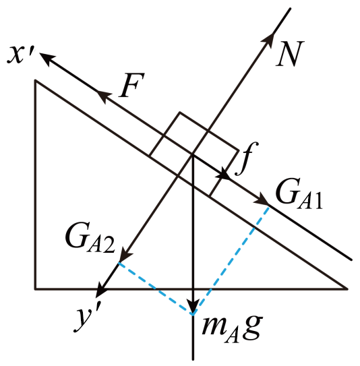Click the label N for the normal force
(x=290, y=54)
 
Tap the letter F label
(x=131, y=85)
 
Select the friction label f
(x=247, y=158)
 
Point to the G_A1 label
(x=299, y=195)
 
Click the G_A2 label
(x=90, y=241)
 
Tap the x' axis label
(x=20, y=55)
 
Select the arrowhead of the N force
(x=268, y=40)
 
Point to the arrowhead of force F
(x=104, y=96)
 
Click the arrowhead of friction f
(x=223, y=174)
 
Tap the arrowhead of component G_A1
(x=262, y=200)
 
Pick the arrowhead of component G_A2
(x=125, y=256)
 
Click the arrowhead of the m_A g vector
(x=193, y=305)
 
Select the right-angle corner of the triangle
(x=36, y=289)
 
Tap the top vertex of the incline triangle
(x=36, y=81)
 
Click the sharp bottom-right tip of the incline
(x=347, y=289)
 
